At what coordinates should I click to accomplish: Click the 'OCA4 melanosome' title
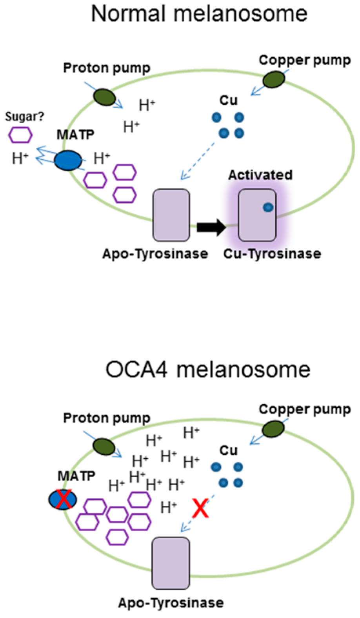pyautogui.click(x=208, y=369)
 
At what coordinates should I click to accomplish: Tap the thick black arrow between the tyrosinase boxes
pyautogui.click(x=211, y=227)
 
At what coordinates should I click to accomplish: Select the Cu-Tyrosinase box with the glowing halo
pyautogui.click(x=257, y=215)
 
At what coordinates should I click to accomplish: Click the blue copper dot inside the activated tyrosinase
pyautogui.click(x=268, y=207)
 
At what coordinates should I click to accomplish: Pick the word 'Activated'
pyautogui.click(x=260, y=175)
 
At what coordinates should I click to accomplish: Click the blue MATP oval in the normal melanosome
pyautogui.click(x=68, y=160)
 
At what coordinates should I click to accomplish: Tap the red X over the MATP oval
pyautogui.click(x=63, y=499)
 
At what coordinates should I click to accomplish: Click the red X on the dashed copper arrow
pyautogui.click(x=200, y=508)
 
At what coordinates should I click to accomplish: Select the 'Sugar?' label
pyautogui.click(x=24, y=117)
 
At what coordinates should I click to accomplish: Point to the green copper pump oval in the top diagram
pyautogui.click(x=273, y=80)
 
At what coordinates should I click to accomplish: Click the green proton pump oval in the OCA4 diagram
pyautogui.click(x=104, y=447)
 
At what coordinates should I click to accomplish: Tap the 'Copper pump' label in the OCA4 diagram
pyautogui.click(x=304, y=409)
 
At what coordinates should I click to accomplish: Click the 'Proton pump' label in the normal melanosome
pyautogui.click(x=107, y=68)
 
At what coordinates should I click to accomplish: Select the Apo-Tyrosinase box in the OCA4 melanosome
pyautogui.click(x=171, y=563)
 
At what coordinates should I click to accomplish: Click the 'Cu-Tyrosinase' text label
pyautogui.click(x=272, y=253)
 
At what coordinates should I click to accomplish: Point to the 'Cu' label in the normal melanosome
pyautogui.click(x=228, y=100)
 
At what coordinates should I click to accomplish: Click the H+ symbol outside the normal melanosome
pyautogui.click(x=20, y=158)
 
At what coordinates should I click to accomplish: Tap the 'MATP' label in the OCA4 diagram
pyautogui.click(x=76, y=476)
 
